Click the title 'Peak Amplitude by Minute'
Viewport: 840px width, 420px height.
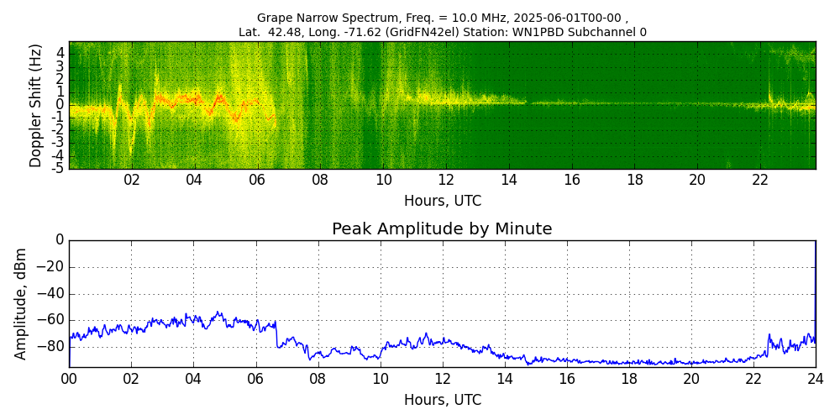[x=442, y=229]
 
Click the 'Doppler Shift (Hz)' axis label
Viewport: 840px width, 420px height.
[x=35, y=105]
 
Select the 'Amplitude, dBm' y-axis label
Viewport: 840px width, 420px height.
[x=21, y=303]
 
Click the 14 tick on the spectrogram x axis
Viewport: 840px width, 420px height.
[x=509, y=180]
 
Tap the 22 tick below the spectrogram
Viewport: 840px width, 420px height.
[x=760, y=180]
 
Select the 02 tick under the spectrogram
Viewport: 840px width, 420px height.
[x=132, y=180]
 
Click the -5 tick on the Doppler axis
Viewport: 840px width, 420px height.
[x=59, y=168]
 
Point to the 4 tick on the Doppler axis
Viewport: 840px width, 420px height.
[x=60, y=52]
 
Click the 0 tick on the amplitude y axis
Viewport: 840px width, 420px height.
[x=60, y=240]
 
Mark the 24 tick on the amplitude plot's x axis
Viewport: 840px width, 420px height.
[x=815, y=379]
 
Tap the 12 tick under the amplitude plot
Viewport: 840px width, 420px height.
[x=442, y=379]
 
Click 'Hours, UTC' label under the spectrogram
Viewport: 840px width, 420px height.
[x=442, y=201]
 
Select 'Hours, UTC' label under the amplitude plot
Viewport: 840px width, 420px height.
[x=442, y=400]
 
